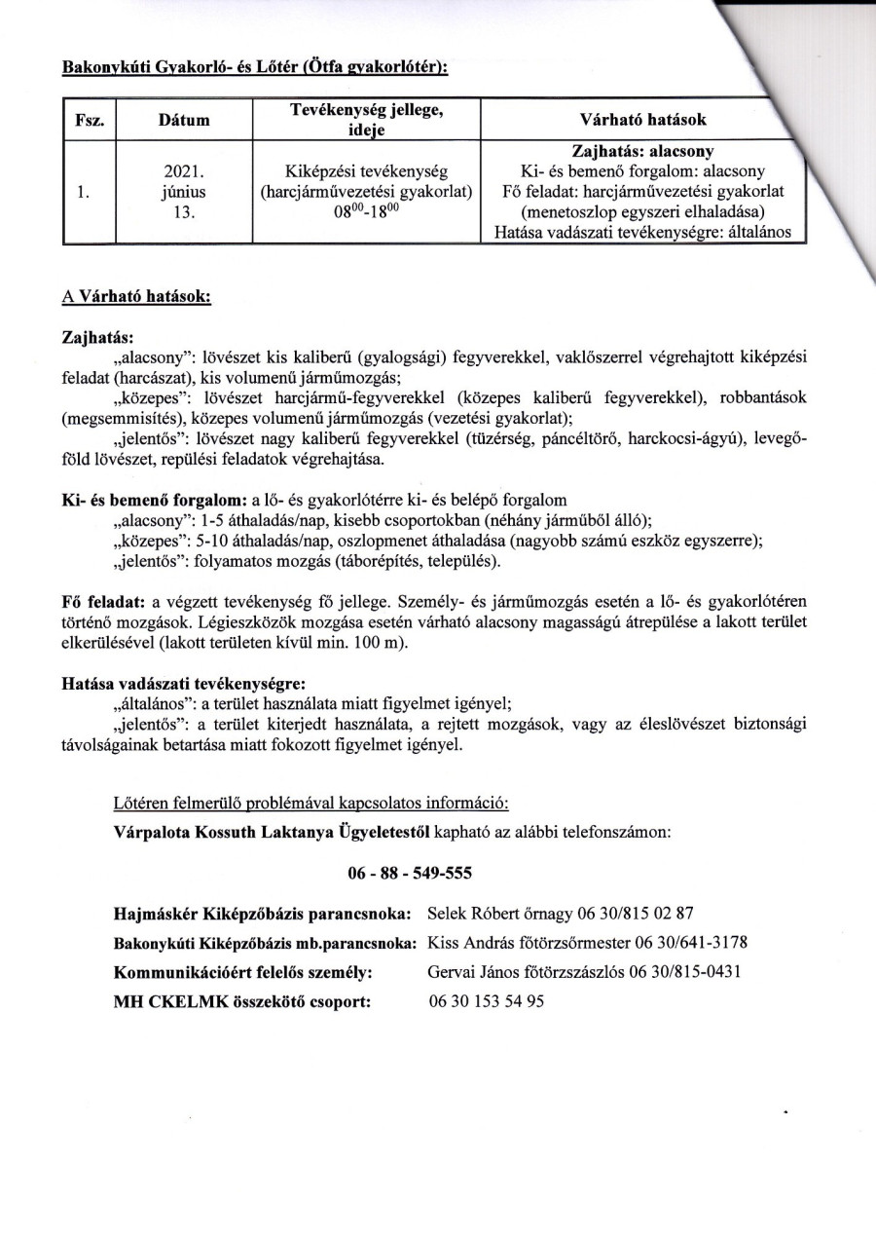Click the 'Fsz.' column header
click(x=90, y=120)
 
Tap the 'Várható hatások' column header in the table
click(x=643, y=120)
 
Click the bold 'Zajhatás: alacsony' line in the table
click(x=643, y=152)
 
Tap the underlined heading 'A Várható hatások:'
click(x=137, y=299)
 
